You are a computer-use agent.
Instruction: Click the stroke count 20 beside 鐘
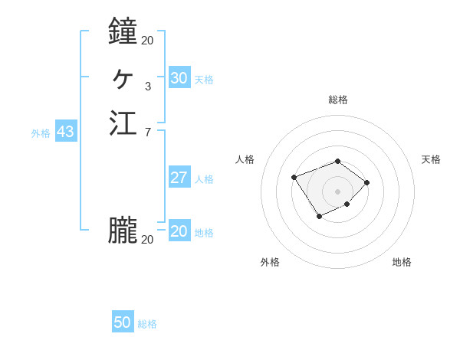tap(147, 40)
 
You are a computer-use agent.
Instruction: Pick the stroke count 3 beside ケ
tap(147, 86)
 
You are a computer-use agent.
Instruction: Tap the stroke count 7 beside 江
tap(147, 133)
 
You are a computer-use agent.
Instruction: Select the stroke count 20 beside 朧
tap(147, 240)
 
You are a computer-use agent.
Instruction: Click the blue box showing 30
tap(179, 78)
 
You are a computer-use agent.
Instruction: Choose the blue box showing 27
tap(179, 178)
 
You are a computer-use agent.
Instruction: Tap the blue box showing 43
tap(65, 132)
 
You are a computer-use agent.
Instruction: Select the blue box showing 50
tap(123, 322)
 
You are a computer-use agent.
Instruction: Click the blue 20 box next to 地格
tap(179, 231)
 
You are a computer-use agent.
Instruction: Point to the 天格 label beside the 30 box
tap(204, 80)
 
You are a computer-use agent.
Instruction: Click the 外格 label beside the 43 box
tap(41, 133)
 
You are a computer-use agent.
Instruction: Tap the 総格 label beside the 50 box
tap(147, 324)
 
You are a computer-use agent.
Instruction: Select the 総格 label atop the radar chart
tap(337, 100)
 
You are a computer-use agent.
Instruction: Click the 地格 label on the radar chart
tap(402, 262)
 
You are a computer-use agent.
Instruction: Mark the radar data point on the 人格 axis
tap(294, 178)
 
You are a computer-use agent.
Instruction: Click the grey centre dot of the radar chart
tap(337, 191)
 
